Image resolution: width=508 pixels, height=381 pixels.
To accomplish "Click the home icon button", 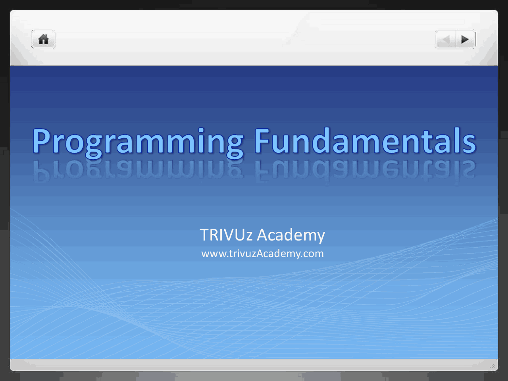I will click(43, 39).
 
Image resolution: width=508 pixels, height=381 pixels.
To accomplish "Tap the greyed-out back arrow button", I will click(446, 40).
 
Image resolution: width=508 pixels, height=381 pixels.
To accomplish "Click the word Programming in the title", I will click(138, 142).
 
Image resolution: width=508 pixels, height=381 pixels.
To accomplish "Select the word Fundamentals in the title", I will click(364, 142).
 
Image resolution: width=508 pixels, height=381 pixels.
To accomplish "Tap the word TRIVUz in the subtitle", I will click(226, 235).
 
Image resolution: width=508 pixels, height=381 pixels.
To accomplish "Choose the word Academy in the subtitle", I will click(291, 235).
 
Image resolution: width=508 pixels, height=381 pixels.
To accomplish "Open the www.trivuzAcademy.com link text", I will click(262, 254).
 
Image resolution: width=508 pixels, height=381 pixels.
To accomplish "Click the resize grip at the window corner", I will click(492, 366).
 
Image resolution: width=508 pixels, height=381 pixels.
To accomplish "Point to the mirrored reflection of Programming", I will click(138, 171).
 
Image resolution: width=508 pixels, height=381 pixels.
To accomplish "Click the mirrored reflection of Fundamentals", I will click(364, 171).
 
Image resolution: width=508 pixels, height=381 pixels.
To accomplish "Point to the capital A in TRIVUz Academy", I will click(262, 235).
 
